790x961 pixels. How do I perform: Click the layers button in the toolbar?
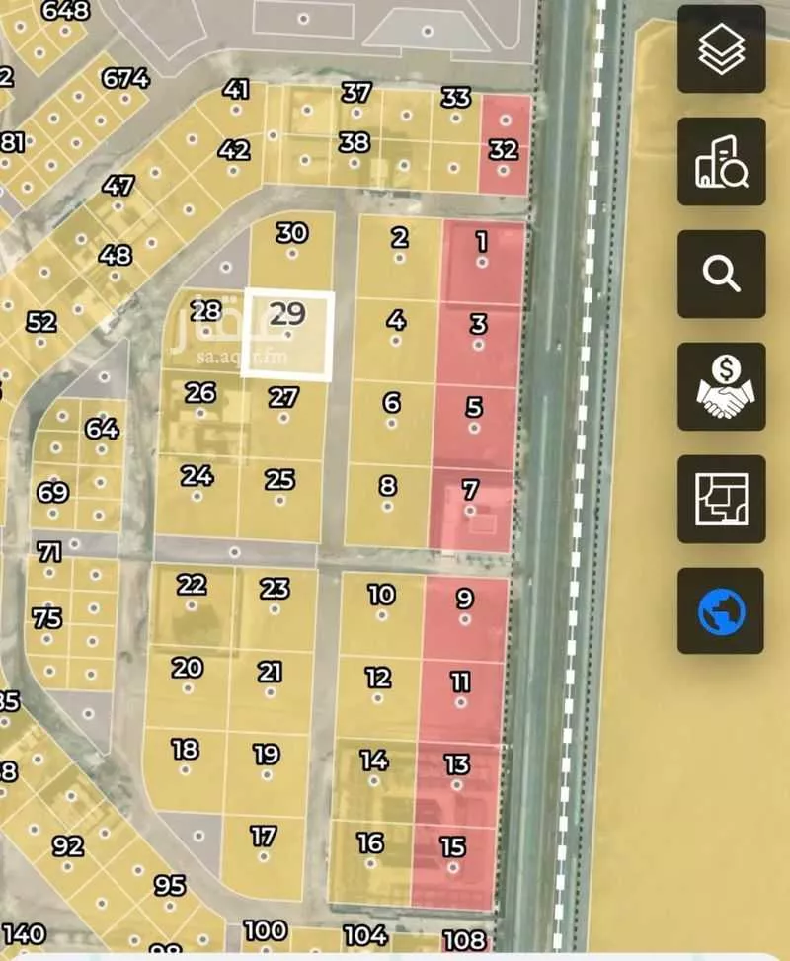click(x=721, y=49)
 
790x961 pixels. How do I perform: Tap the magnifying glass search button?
click(x=721, y=274)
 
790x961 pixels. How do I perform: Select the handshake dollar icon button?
click(x=721, y=386)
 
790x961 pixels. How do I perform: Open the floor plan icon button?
click(x=721, y=499)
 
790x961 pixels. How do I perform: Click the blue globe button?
click(x=721, y=611)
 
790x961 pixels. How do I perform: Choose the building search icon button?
click(x=721, y=161)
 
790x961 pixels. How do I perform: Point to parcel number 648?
click(x=66, y=11)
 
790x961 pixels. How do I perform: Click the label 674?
click(x=125, y=77)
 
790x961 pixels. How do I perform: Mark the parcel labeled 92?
click(x=68, y=846)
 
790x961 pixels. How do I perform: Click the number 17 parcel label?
click(x=263, y=837)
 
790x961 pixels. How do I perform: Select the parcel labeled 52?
click(x=42, y=323)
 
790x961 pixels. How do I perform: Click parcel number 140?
click(x=24, y=934)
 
